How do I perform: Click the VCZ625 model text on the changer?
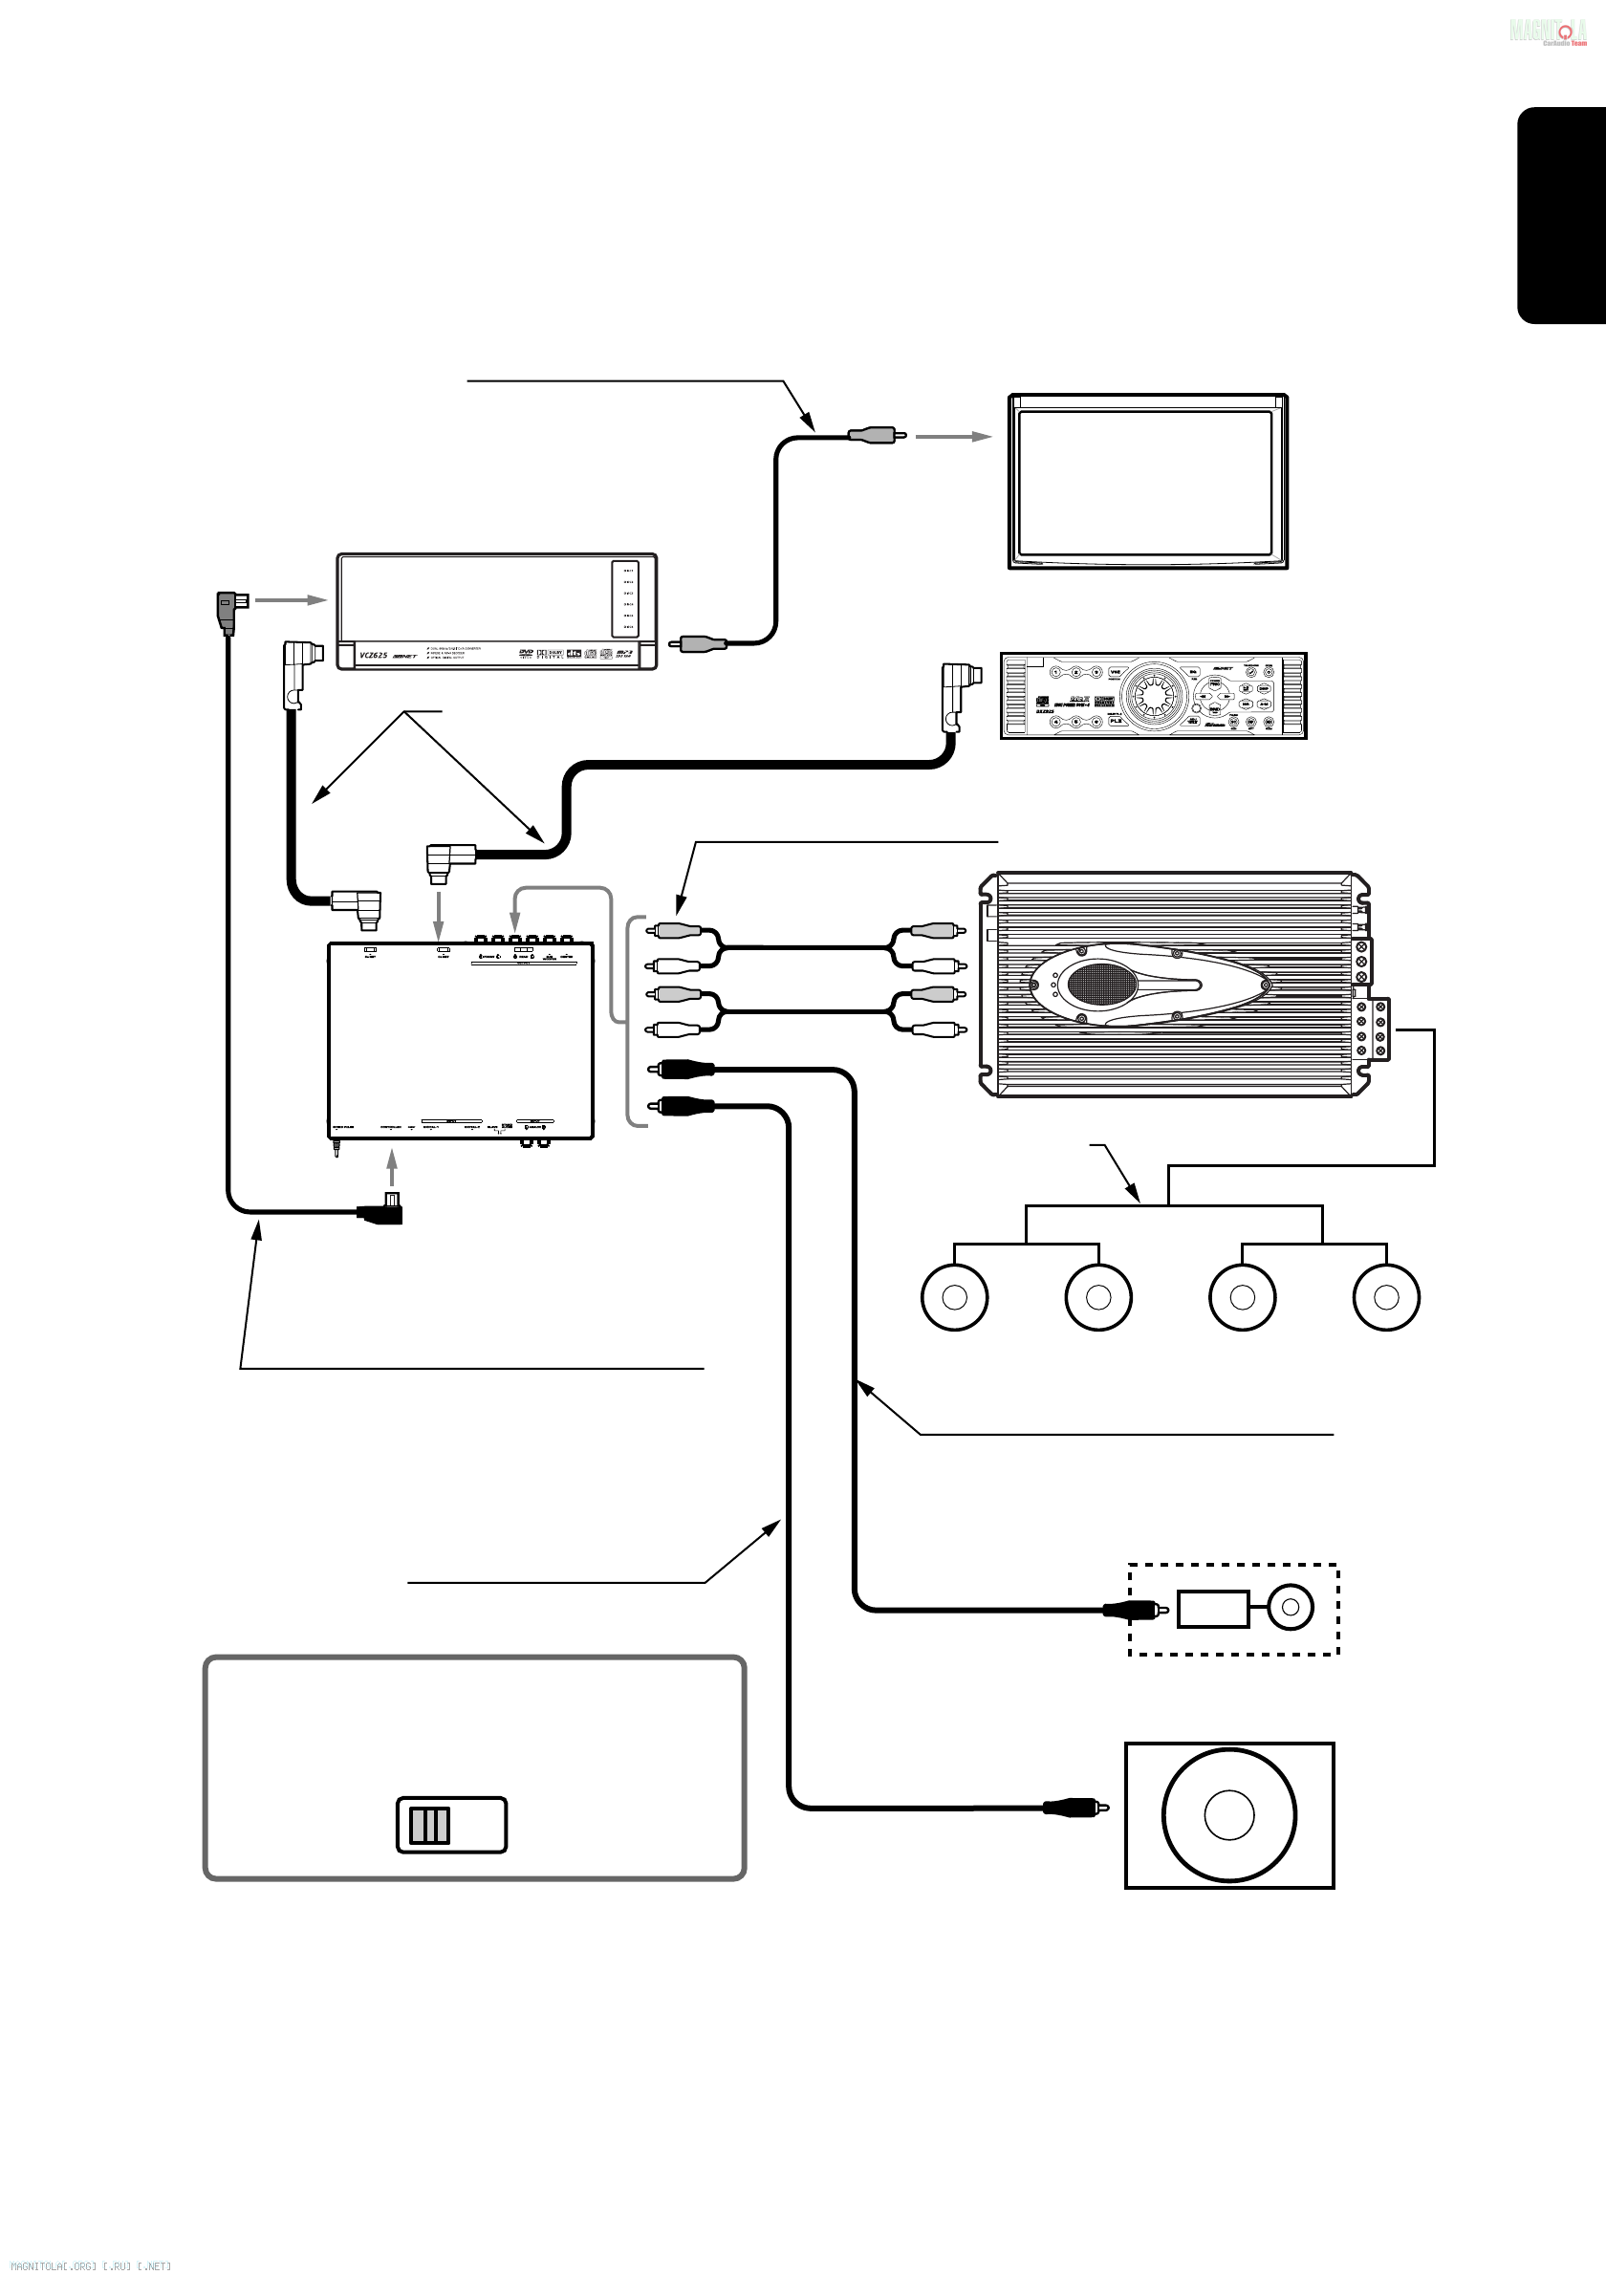[374, 655]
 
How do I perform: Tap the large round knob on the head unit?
[1152, 695]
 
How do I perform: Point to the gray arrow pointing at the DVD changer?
[292, 599]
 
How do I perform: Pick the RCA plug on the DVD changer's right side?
[701, 644]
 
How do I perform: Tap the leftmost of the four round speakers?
[954, 1297]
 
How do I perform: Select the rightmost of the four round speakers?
[1386, 1297]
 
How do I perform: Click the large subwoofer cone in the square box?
[1228, 1815]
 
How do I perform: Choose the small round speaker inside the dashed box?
[1290, 1608]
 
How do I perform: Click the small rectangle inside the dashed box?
[1213, 1609]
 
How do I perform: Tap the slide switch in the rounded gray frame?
[451, 1824]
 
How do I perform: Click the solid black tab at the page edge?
[1561, 215]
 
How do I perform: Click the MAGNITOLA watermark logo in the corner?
[1548, 32]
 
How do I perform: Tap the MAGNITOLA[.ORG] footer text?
[90, 2265]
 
